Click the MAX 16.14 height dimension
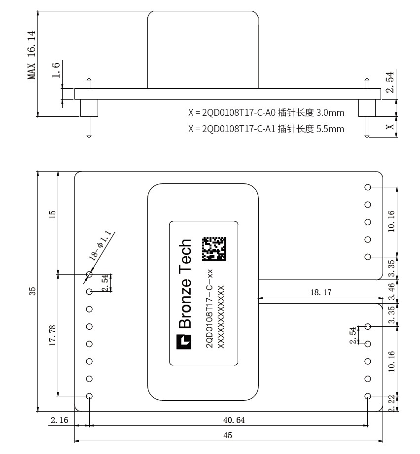click(x=32, y=55)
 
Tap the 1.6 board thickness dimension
click(x=56, y=70)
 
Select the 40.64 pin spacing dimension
click(x=234, y=420)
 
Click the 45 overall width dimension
click(x=228, y=435)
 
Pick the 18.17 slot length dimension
click(x=321, y=292)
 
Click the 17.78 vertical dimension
click(x=52, y=336)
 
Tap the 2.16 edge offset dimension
click(x=59, y=420)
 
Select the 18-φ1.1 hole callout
click(x=100, y=245)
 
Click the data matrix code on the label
click(x=214, y=249)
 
